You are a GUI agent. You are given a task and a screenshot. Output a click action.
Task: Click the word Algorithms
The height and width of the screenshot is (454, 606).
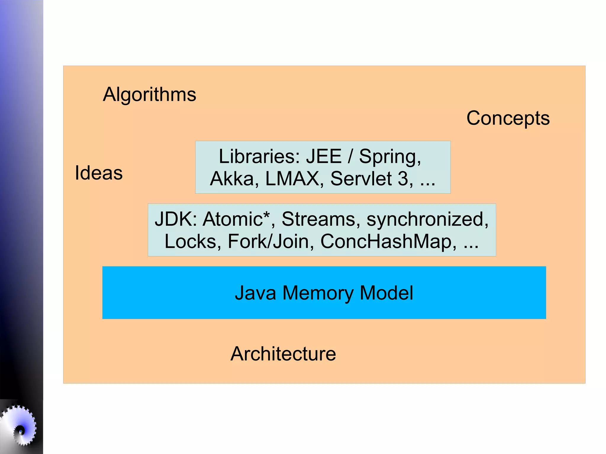pos(149,95)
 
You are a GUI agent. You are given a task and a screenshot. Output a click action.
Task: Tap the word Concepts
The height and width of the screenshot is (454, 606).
pos(508,118)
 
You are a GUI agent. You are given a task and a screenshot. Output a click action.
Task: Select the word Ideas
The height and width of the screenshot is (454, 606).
pos(99,173)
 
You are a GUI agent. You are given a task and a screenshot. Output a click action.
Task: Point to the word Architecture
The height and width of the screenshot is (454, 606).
pos(283,354)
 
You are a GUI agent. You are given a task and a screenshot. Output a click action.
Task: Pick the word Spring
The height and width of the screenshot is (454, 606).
pos(389,157)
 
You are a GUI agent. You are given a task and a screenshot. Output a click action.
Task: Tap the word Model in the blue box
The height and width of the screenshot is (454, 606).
pos(386,293)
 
